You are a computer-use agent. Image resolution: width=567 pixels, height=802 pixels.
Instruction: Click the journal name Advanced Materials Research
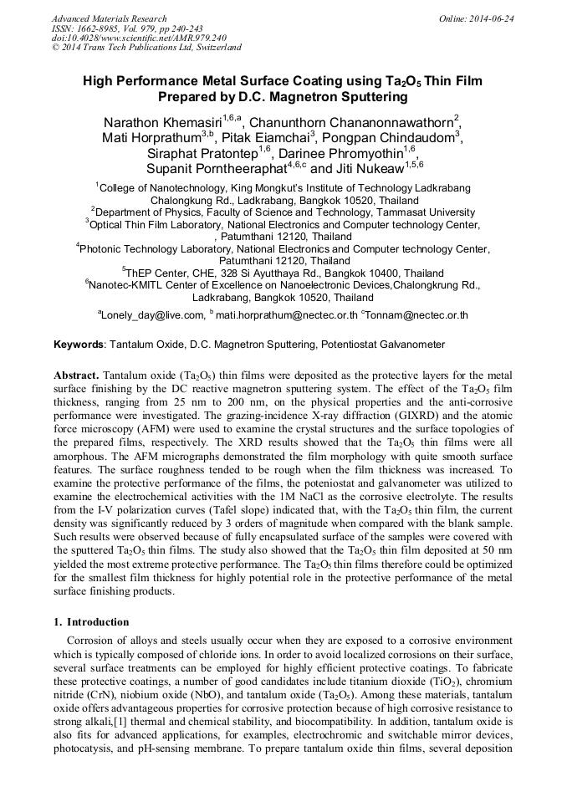109,18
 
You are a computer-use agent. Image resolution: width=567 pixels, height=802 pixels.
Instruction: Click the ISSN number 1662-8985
102,28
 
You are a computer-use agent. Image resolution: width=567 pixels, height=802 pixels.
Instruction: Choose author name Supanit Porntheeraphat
216,169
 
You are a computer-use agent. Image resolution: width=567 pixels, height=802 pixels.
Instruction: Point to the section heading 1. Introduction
91,622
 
